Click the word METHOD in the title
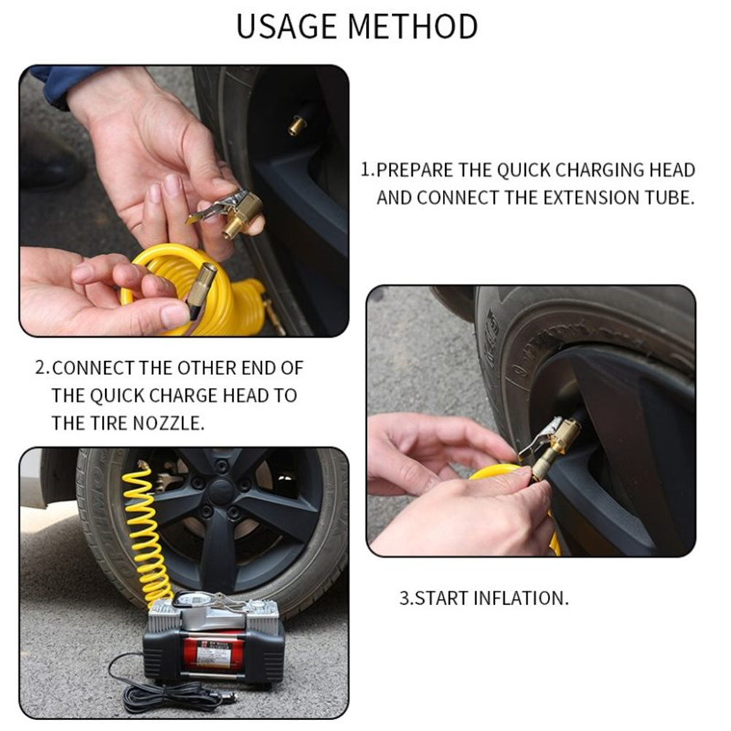click(413, 26)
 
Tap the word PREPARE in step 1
click(414, 170)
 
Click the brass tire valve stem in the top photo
click(296, 125)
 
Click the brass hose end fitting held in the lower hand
click(201, 289)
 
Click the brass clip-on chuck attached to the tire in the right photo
click(550, 445)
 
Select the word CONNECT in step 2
click(93, 368)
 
